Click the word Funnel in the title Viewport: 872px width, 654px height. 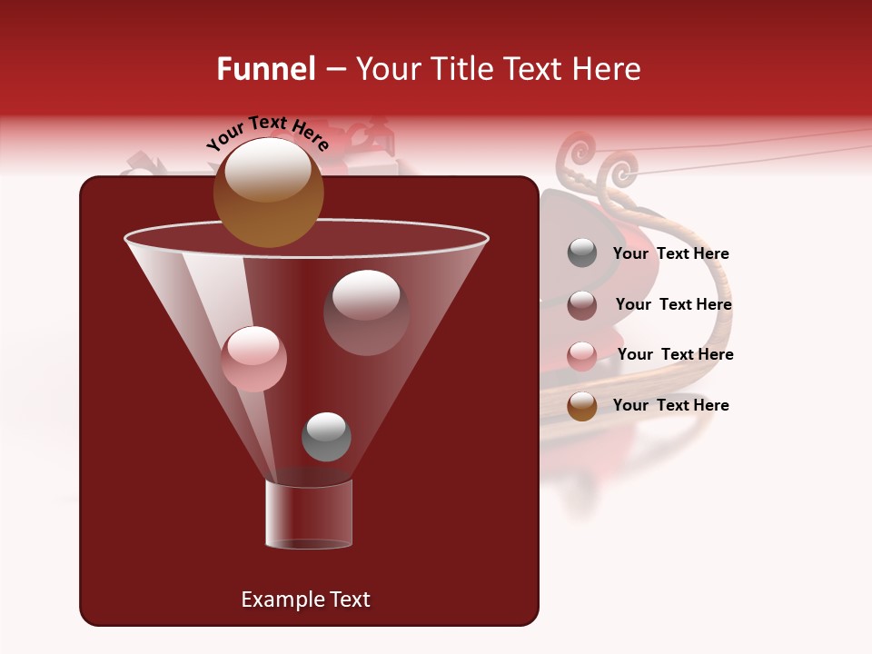pyautogui.click(x=265, y=69)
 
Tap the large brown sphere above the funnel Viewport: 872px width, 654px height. pyautogui.click(x=269, y=192)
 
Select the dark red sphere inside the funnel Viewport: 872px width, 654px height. pyautogui.click(x=366, y=312)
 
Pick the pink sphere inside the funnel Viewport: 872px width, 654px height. pyautogui.click(x=253, y=359)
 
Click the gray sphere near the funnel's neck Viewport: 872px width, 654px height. pyautogui.click(x=326, y=436)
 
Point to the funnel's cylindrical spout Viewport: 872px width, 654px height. pyautogui.click(x=309, y=514)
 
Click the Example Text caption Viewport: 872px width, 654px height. pyautogui.click(x=305, y=599)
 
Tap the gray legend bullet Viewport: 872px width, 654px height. pyautogui.click(x=582, y=253)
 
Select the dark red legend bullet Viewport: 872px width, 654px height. pyautogui.click(x=582, y=305)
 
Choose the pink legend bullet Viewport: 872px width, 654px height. pyautogui.click(x=582, y=355)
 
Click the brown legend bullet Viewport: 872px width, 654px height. pyautogui.click(x=582, y=406)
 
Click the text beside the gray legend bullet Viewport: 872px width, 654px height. pyautogui.click(x=670, y=253)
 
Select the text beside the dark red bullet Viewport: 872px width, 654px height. pyautogui.click(x=673, y=304)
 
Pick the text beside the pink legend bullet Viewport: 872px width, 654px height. pyautogui.click(x=675, y=354)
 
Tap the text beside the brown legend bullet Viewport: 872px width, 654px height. pyautogui.click(x=670, y=405)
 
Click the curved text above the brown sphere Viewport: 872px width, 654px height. pyautogui.click(x=268, y=131)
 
